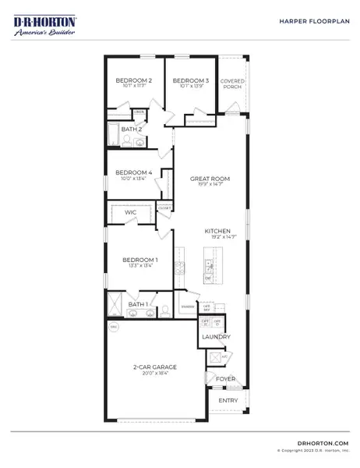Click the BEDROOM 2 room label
pyautogui.click(x=133, y=80)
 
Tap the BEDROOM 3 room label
pyautogui.click(x=190, y=80)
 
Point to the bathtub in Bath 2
pyautogui.click(x=115, y=134)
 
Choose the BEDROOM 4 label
pyautogui.click(x=132, y=173)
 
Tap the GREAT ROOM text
pyautogui.click(x=208, y=179)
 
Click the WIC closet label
pyautogui.click(x=130, y=211)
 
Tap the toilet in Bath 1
pyautogui.click(x=164, y=310)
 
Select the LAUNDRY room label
pyautogui.click(x=216, y=336)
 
